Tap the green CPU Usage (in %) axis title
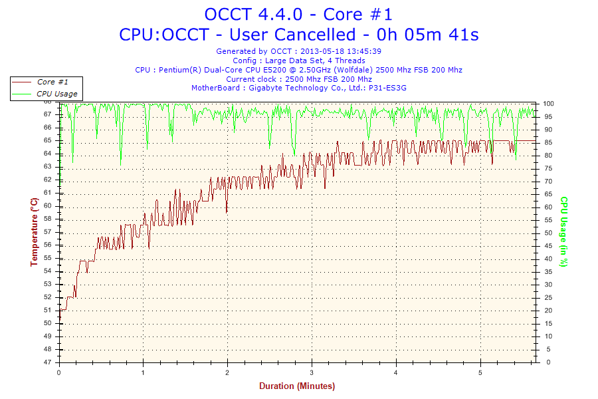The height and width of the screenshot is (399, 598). pos(563,231)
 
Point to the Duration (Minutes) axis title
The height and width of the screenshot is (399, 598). pos(297,386)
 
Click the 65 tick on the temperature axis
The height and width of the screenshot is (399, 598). pos(48,140)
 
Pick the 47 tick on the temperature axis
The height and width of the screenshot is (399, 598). pos(48,362)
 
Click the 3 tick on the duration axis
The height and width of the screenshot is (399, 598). pos(312,372)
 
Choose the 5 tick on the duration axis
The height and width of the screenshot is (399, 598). pos(480,372)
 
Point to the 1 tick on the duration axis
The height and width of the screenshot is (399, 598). pos(144,372)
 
